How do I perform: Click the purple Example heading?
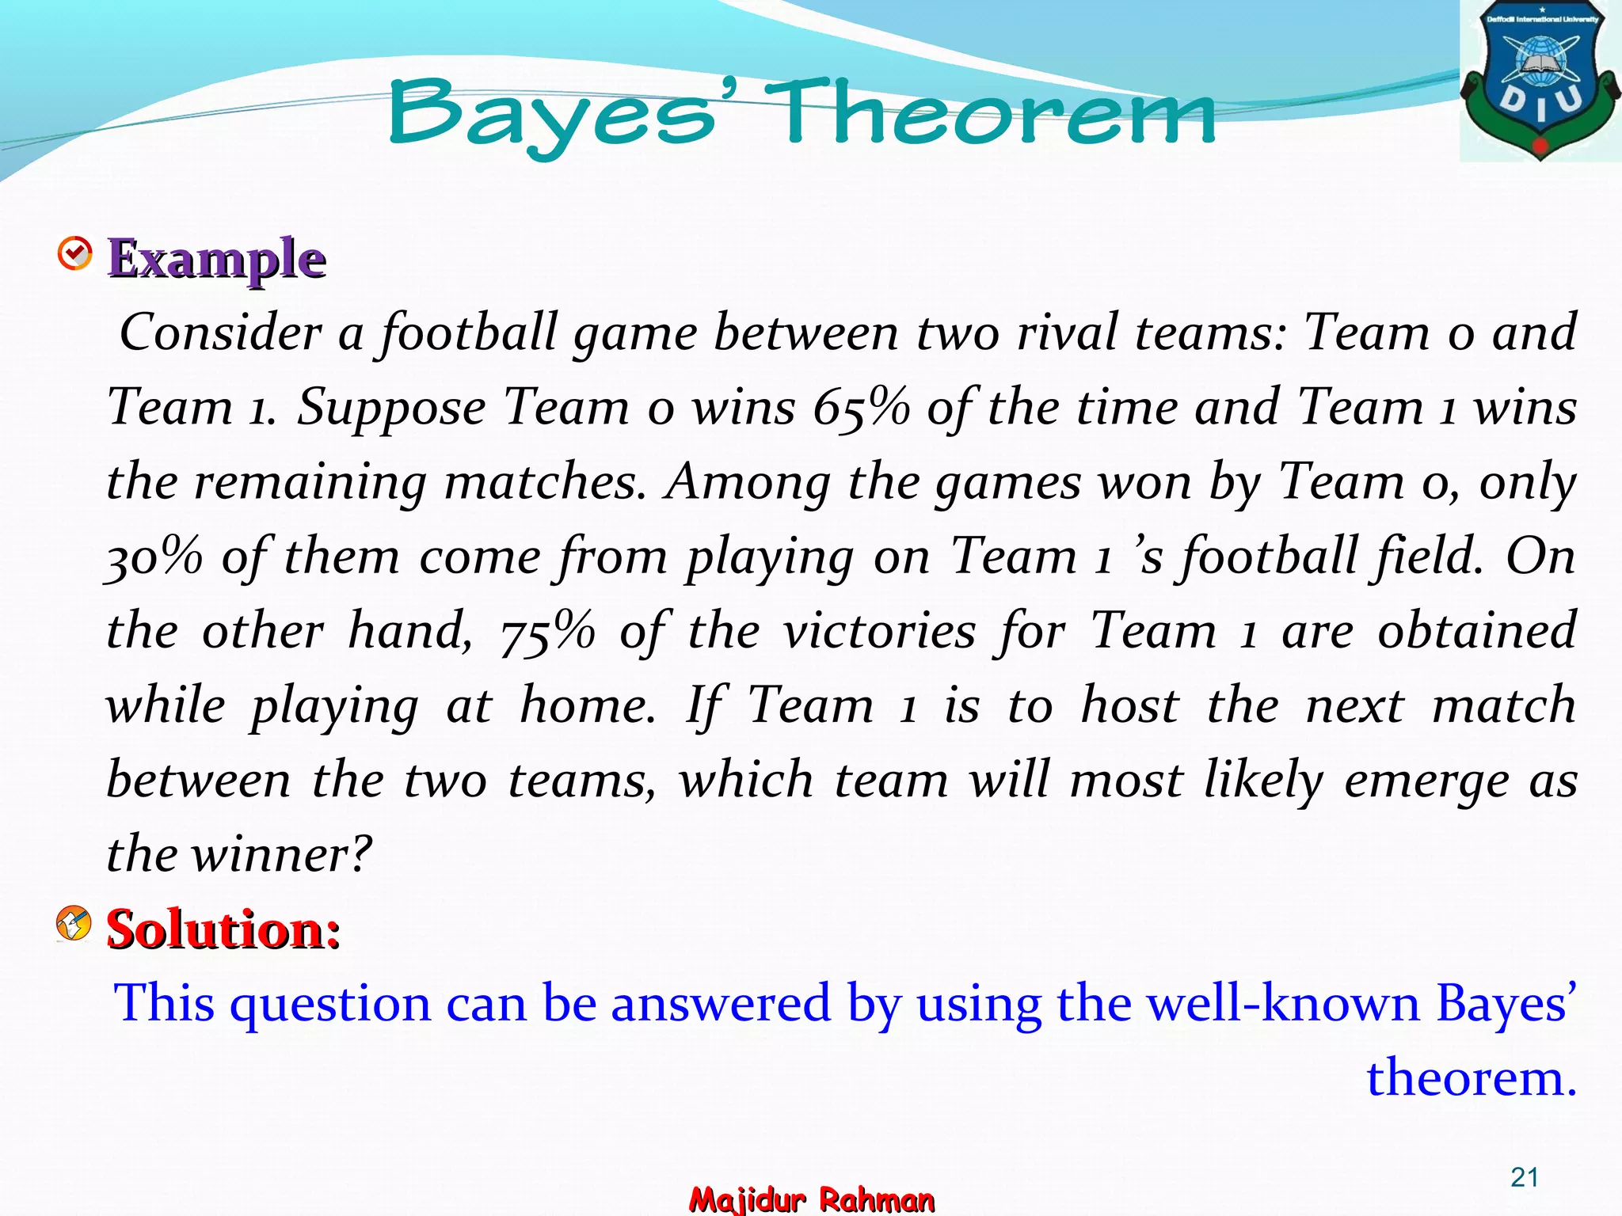pos(216,259)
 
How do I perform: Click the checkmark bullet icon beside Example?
pos(75,254)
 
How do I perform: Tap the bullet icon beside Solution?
pos(74,923)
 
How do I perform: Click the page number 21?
pos(1524,1177)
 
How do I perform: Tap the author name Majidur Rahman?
pos(811,1199)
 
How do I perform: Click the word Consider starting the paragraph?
pos(219,332)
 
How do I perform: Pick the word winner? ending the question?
pos(283,855)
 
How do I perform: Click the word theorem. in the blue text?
pos(1471,1078)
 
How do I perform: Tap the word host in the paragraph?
pos(1129,706)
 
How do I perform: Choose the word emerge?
pos(1426,781)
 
